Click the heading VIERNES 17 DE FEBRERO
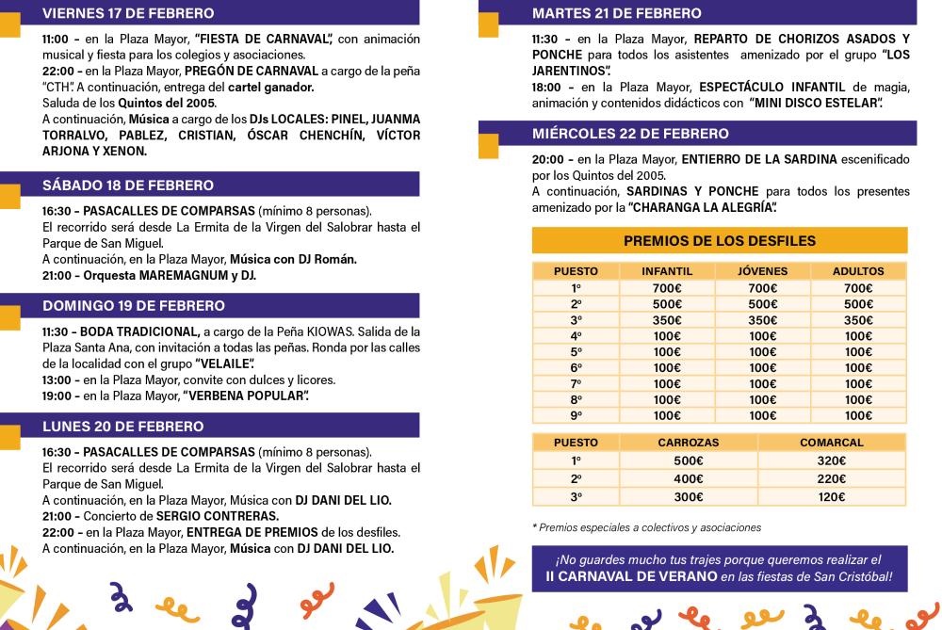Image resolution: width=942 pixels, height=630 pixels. pyautogui.click(x=128, y=13)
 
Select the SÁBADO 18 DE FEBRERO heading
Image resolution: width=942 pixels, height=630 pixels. pyautogui.click(x=128, y=186)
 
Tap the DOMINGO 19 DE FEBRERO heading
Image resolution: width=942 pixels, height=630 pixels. pyautogui.click(x=134, y=306)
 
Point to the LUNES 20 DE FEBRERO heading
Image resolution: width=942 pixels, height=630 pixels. pyautogui.click(x=122, y=427)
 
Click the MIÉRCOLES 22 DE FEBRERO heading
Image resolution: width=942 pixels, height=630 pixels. pyautogui.click(x=630, y=134)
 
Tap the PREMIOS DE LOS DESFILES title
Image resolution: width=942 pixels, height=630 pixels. pyautogui.click(x=720, y=241)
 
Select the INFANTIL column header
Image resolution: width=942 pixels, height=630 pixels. pyautogui.click(x=667, y=272)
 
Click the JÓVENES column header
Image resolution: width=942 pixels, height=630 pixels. pyautogui.click(x=762, y=272)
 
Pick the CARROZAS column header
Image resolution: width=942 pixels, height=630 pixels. pyautogui.click(x=689, y=443)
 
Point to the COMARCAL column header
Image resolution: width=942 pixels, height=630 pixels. pyautogui.click(x=831, y=443)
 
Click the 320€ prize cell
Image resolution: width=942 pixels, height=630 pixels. pyautogui.click(x=831, y=461)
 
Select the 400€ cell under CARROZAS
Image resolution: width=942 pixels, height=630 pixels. pyautogui.click(x=689, y=479)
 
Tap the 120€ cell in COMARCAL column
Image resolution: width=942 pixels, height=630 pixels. pyautogui.click(x=831, y=497)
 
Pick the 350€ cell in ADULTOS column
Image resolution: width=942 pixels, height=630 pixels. pyautogui.click(x=858, y=320)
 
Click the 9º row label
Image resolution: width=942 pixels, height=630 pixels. pyautogui.click(x=576, y=415)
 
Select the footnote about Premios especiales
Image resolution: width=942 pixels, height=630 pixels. pyautogui.click(x=646, y=527)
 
